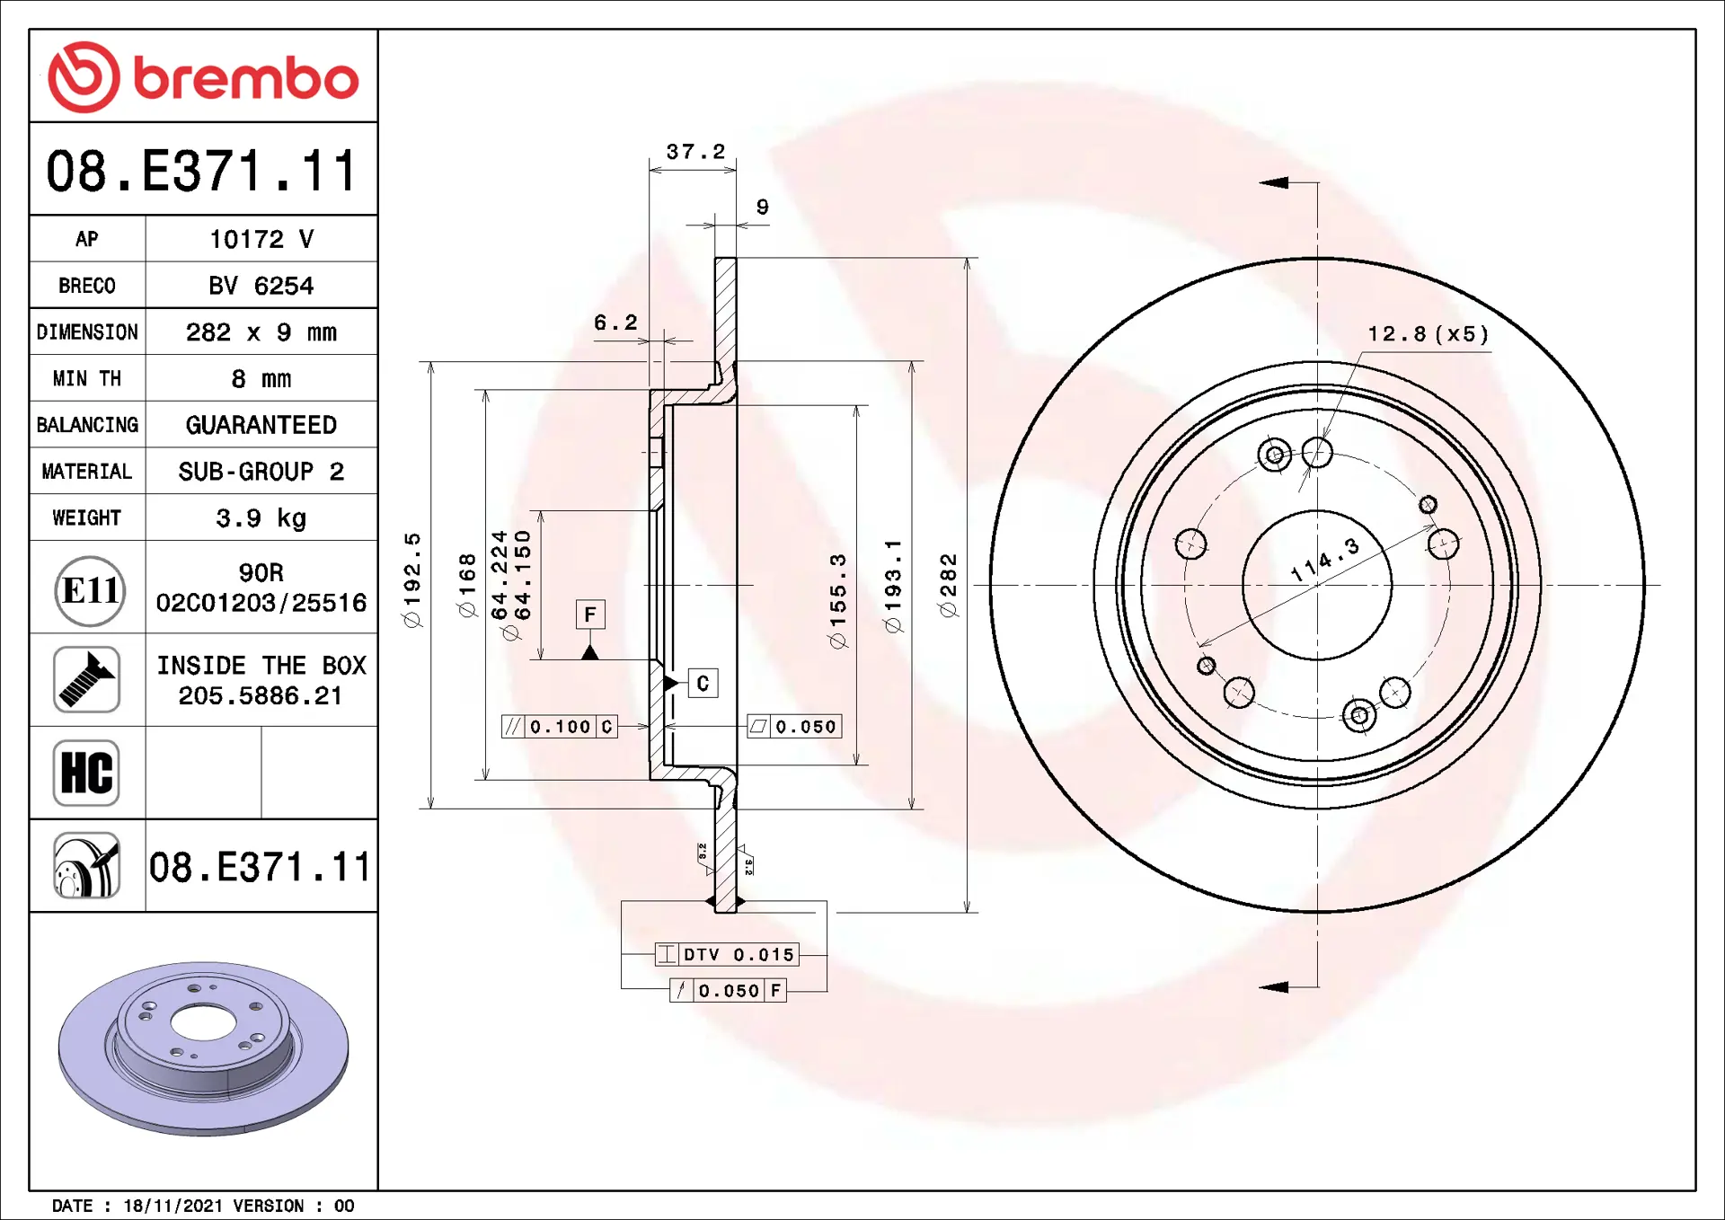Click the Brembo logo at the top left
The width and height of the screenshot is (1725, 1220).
203,77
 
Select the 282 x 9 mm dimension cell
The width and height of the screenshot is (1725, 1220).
261,332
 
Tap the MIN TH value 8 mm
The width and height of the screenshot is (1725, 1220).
261,379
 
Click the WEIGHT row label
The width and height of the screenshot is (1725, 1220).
86,518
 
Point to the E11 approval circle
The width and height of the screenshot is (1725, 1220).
90,590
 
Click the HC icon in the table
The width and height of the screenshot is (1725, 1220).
86,773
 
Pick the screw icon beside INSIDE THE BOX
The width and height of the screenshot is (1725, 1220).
86,679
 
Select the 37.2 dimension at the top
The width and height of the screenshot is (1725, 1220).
695,152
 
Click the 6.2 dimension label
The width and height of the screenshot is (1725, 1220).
615,323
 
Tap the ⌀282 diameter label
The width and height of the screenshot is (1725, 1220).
948,586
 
